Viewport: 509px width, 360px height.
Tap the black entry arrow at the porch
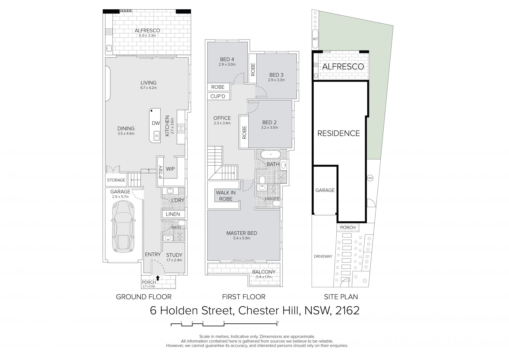158,278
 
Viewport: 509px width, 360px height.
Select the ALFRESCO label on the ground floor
147,31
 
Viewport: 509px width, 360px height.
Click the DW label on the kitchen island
156,123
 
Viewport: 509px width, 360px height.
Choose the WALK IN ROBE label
226,196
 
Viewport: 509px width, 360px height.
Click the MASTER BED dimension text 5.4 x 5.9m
242,238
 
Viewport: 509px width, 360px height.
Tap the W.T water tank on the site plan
315,39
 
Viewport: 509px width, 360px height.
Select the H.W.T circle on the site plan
370,178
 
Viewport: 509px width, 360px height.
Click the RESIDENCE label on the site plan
339,133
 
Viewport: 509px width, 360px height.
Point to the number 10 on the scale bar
277,322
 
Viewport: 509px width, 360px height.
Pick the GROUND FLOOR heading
144,297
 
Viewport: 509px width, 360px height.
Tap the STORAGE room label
116,180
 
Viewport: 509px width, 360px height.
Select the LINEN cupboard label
173,214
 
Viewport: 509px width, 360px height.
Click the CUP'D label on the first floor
218,96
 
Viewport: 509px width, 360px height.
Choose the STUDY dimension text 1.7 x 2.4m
174,260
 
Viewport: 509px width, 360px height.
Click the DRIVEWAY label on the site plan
323,256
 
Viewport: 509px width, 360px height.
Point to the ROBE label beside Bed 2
244,132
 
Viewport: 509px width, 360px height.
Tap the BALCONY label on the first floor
264,272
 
